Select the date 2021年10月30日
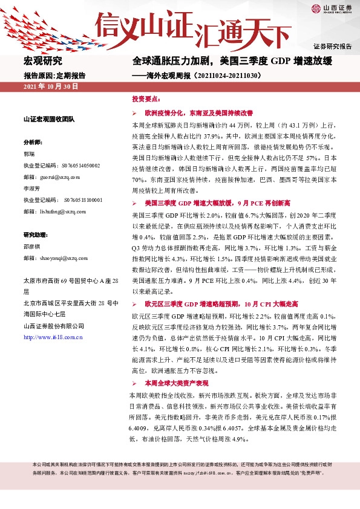pyautogui.click(x=51, y=87)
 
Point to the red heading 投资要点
pyautogui.click(x=146, y=98)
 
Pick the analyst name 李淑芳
pyautogui.click(x=31, y=188)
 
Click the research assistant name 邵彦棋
pyautogui.click(x=31, y=246)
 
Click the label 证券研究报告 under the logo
pyautogui.click(x=332, y=46)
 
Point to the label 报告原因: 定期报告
pyautogui.click(x=54, y=76)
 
